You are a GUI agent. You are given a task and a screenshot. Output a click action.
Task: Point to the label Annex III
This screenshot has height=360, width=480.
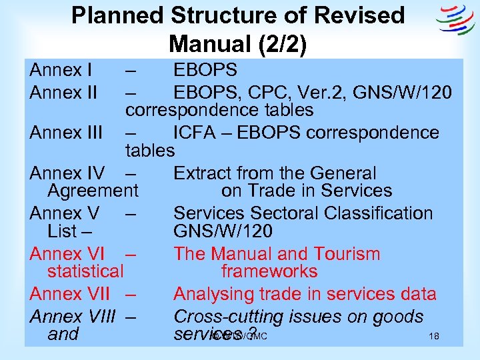pyautogui.click(x=65, y=133)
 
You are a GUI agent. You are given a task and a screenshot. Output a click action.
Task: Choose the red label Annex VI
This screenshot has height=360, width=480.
pyautogui.click(x=66, y=254)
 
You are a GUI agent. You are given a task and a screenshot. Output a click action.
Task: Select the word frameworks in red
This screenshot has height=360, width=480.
pyautogui.click(x=269, y=271)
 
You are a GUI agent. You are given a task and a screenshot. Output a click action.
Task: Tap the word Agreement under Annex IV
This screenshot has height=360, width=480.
pyautogui.click(x=93, y=191)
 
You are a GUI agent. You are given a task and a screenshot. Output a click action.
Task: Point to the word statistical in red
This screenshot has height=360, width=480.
pyautogui.click(x=86, y=271)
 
